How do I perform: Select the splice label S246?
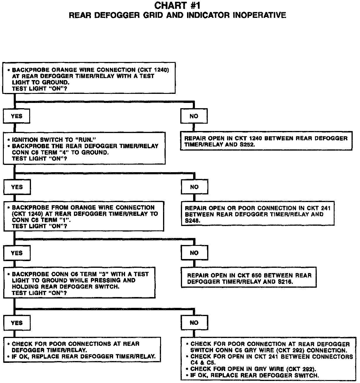point(193,221)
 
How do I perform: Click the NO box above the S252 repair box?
point(194,116)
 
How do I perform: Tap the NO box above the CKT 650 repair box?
point(194,253)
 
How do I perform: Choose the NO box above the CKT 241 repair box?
point(194,187)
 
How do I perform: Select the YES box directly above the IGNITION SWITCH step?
point(17,116)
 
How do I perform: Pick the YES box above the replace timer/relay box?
point(17,323)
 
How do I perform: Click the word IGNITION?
point(25,140)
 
